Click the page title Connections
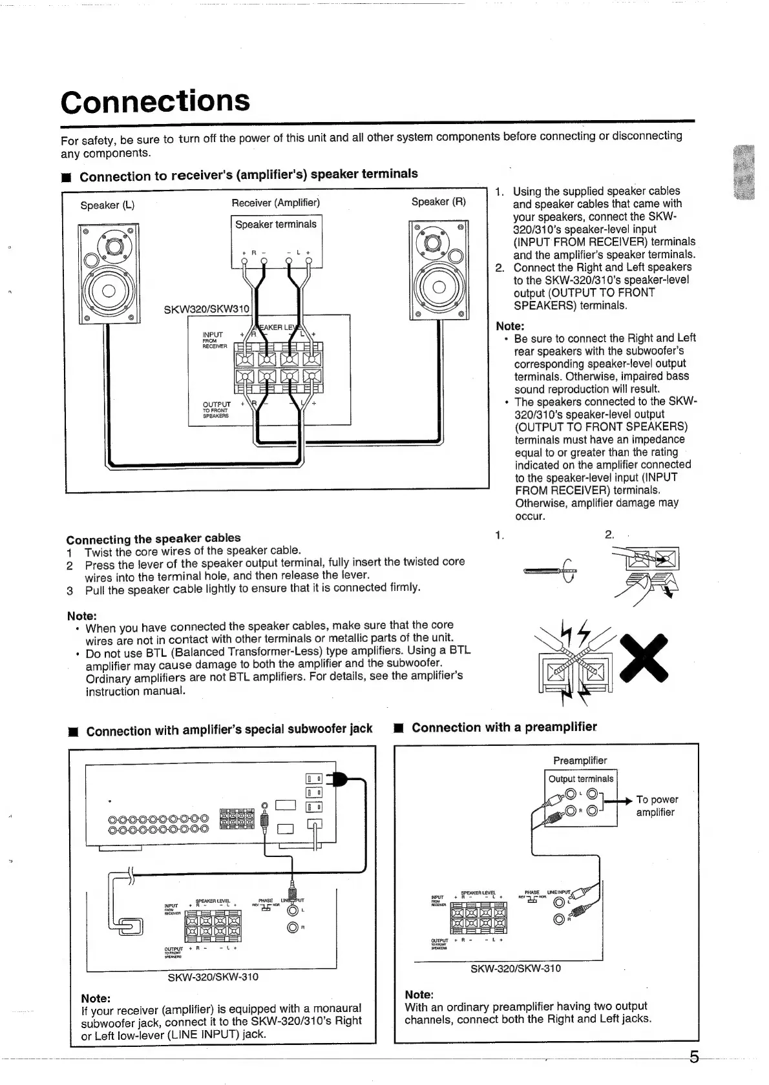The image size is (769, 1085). (155, 101)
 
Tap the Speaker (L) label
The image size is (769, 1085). (107, 205)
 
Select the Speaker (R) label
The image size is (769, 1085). (439, 201)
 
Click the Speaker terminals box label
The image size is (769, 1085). (276, 224)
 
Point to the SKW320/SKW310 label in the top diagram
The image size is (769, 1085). (206, 309)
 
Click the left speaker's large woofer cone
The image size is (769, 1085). (107, 289)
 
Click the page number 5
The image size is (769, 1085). (694, 1057)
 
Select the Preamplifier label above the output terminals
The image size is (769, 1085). (580, 760)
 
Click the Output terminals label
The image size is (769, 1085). (581, 779)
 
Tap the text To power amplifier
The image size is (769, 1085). (657, 805)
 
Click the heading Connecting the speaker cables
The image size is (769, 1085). (153, 538)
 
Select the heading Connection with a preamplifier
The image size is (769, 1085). (504, 727)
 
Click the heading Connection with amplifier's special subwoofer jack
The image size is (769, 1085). (229, 730)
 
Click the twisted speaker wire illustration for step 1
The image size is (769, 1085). (551, 570)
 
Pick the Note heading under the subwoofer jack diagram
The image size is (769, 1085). (96, 998)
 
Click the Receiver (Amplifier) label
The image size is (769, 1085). (276, 203)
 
